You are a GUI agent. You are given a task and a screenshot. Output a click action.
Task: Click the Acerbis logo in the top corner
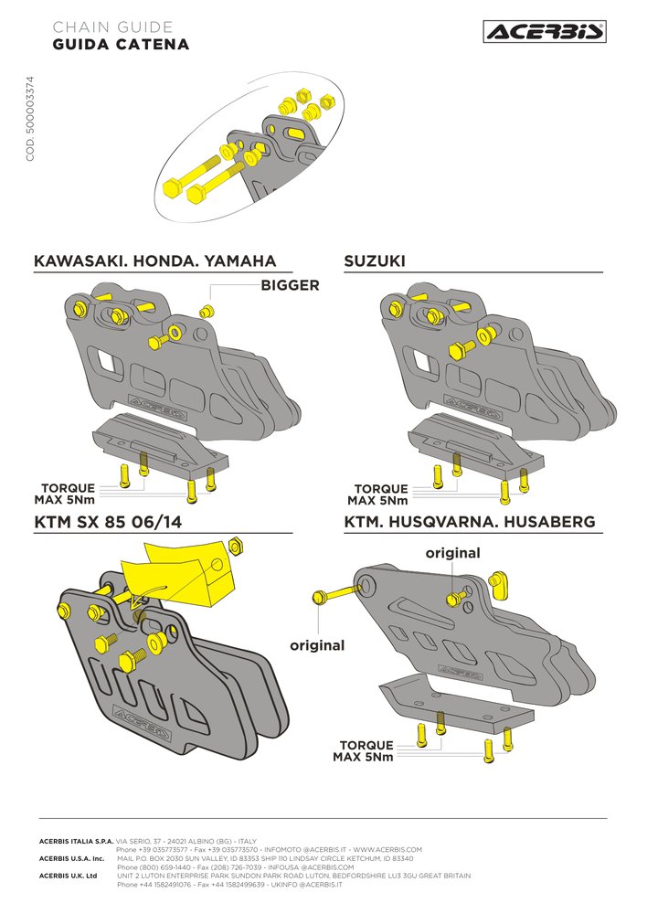pos(545,31)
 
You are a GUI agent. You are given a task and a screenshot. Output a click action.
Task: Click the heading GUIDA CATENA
pos(121,44)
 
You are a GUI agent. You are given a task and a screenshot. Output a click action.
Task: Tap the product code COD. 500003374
pos(30,118)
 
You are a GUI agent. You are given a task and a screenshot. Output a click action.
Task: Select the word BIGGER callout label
pos(290,285)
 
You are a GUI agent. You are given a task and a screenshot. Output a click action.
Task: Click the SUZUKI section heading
pos(374,261)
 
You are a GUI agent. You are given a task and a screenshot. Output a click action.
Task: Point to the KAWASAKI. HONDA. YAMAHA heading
pos(155,261)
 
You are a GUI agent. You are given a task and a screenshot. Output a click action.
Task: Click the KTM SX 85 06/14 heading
pos(108,522)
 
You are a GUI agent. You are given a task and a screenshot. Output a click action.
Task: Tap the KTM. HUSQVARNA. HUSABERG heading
pos(470,522)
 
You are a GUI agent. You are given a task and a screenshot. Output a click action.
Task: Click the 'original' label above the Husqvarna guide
pos(453,553)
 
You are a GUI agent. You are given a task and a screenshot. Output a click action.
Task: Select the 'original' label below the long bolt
pos(317,645)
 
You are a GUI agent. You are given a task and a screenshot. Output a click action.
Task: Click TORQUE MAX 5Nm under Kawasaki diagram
pos(66,494)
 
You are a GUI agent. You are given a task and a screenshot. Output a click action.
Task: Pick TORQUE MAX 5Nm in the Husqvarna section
pos(365,750)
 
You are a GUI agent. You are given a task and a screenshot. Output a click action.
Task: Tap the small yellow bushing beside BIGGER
pos(206,311)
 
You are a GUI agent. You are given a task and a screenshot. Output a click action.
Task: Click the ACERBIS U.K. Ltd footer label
pos(69,876)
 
